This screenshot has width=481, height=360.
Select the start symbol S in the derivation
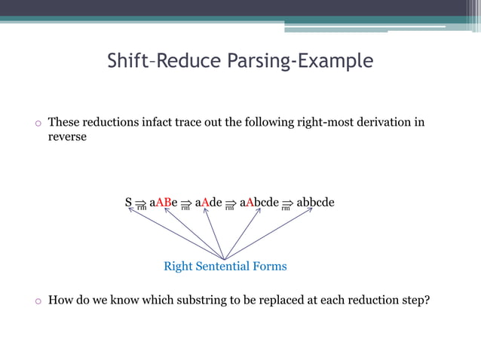click(128, 203)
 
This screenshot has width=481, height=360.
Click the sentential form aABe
click(164, 203)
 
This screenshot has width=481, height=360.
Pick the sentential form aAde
click(208, 203)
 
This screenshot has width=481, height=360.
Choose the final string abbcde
click(316, 203)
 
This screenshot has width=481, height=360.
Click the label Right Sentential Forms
click(225, 267)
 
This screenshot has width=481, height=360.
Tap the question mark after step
click(427, 301)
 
